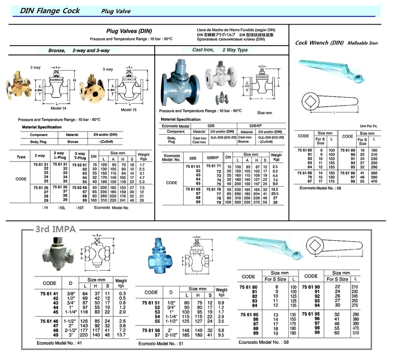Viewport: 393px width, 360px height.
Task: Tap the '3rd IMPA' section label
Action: tap(54, 228)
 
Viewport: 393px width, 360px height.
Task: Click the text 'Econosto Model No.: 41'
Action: tap(59, 342)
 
